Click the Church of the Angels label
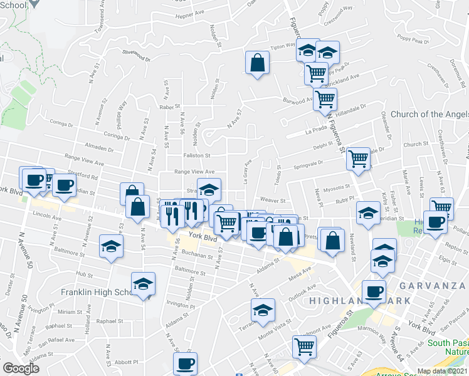[429, 114]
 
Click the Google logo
[21, 368]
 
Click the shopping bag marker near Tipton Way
[257, 63]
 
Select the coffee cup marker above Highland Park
[374, 292]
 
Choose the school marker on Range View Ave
[209, 189]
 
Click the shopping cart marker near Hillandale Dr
[325, 98]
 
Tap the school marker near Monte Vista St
[263, 310]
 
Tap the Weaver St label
[273, 201]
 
